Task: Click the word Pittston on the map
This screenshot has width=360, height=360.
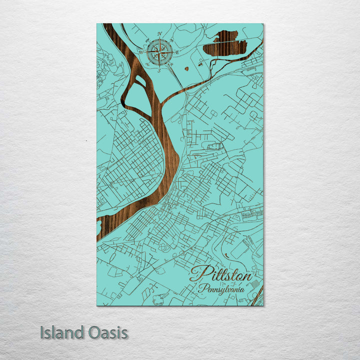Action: tap(221, 274)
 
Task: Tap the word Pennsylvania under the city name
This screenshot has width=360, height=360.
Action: tap(221, 288)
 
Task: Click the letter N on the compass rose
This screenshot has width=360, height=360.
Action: tap(160, 34)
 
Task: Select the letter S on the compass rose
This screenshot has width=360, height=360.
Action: tap(159, 70)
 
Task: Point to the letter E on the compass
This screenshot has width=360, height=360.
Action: tap(177, 52)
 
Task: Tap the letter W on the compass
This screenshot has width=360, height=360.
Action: tap(141, 51)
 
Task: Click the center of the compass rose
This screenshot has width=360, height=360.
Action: tap(160, 51)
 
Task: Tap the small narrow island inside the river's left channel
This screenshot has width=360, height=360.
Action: tap(141, 80)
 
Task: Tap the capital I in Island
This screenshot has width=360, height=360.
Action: tap(42, 333)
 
